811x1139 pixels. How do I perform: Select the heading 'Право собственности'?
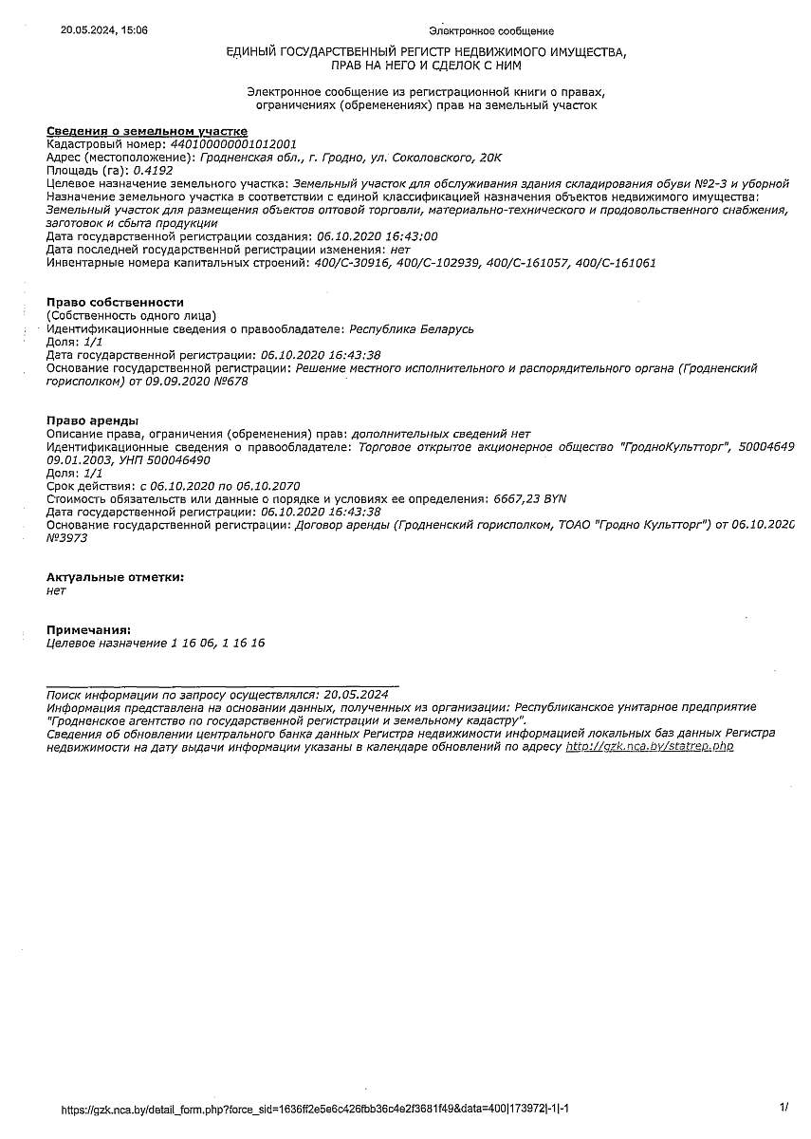coord(115,302)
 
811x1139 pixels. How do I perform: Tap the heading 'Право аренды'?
coord(92,420)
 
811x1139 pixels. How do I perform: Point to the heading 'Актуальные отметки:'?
coord(115,576)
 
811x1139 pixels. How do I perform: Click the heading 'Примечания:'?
coord(88,629)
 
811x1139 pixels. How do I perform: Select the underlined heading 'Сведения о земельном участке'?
coord(147,131)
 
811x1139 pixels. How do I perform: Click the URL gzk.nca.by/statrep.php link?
coord(649,747)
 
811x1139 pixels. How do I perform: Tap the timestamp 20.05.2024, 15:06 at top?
coord(104,30)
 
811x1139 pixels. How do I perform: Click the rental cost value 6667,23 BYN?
coord(530,498)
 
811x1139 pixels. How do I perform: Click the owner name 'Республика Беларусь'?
coord(412,328)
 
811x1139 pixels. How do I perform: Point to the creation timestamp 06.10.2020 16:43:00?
coord(377,236)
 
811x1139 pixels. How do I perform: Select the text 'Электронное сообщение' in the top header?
coord(491,31)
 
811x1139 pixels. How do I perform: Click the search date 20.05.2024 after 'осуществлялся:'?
coord(356,695)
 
